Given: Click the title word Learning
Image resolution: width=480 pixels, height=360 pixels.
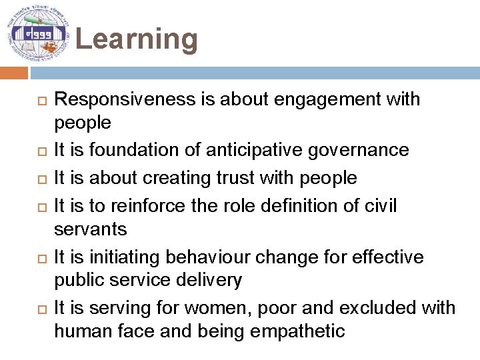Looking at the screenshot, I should (137, 39).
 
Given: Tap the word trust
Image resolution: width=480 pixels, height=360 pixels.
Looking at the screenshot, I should (255, 178).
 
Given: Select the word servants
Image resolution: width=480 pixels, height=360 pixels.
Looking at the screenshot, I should (90, 229).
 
